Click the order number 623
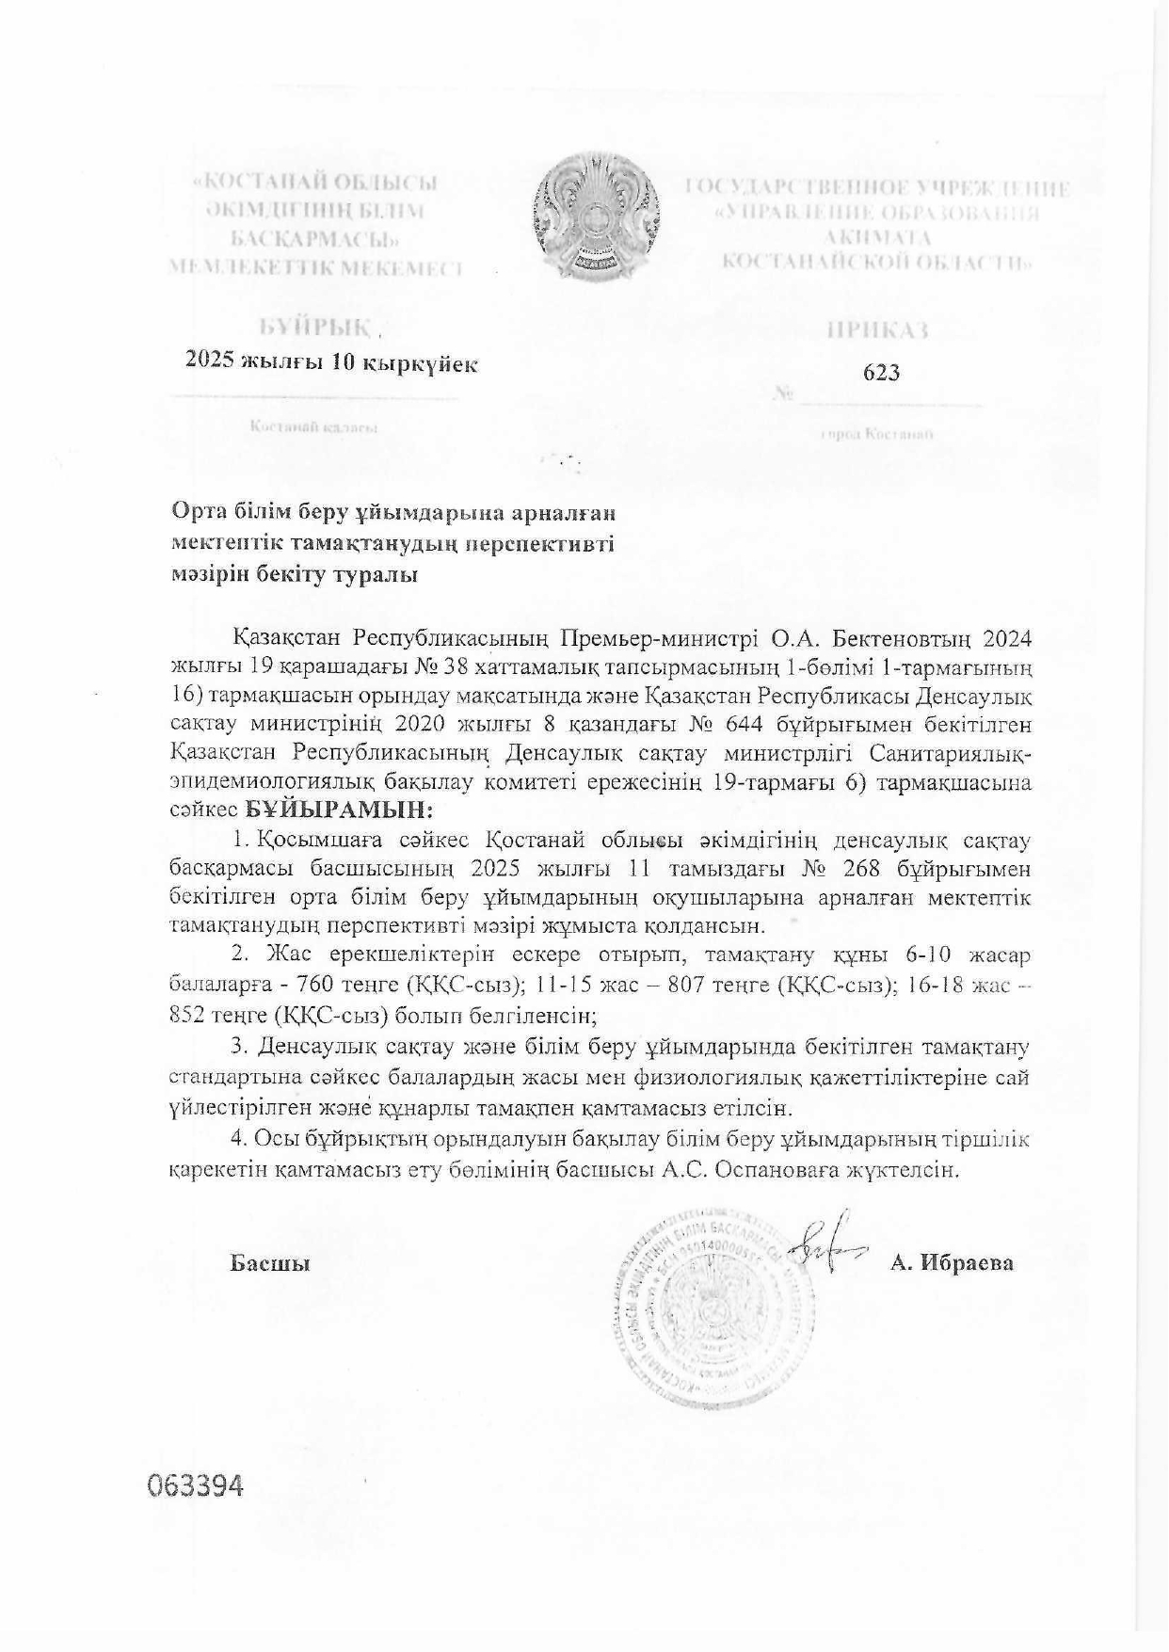point(881,373)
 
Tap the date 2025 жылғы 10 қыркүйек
point(331,362)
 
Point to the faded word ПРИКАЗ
point(877,329)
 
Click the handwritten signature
point(825,1250)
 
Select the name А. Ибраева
point(952,1263)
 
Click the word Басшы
point(270,1263)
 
